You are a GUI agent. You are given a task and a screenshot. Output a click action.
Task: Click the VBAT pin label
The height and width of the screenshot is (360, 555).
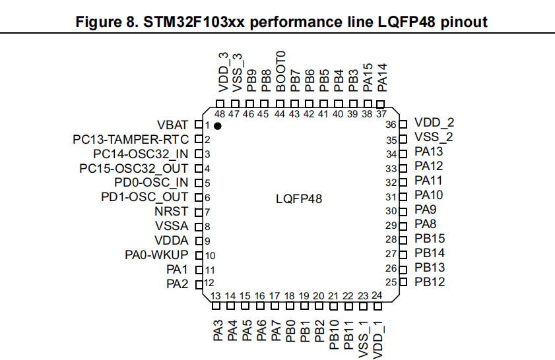(173, 125)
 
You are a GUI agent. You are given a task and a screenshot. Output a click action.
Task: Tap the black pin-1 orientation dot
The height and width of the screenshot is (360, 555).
(217, 125)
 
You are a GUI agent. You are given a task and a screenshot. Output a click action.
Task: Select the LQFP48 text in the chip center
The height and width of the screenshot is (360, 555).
(299, 198)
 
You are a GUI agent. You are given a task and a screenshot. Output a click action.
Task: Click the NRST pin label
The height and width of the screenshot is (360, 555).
(172, 212)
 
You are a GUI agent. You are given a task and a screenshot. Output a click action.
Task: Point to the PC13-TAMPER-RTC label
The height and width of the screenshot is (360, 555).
(131, 139)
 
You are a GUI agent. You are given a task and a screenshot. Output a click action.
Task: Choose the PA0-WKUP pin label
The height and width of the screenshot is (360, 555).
(157, 255)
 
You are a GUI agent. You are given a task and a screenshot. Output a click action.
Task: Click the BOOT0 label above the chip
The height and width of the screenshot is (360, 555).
(280, 71)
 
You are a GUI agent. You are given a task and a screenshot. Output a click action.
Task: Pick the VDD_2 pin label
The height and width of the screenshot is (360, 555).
(434, 123)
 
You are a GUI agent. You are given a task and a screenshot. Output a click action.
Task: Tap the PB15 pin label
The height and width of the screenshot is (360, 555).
(430, 239)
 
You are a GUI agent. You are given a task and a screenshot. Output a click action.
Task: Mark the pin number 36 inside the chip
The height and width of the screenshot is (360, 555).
(391, 124)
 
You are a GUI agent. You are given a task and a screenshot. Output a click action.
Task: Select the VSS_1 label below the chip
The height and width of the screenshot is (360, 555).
(362, 336)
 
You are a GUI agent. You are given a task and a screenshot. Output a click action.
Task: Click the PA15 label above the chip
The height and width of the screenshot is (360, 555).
(368, 76)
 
